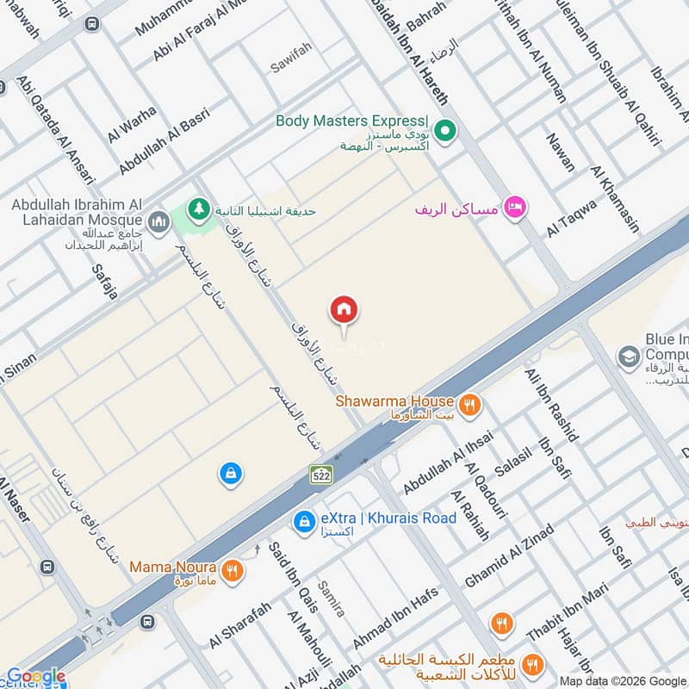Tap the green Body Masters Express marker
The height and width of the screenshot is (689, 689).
coord(444,132)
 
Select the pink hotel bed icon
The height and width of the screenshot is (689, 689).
coord(515,208)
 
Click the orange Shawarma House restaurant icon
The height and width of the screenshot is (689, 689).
coord(469,404)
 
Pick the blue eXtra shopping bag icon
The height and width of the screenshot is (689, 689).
coord(303,522)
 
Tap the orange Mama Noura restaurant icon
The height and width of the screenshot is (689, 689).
coord(231,569)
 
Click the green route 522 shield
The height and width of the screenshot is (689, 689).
coord(321,474)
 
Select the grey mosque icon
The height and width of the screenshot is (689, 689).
coord(158,223)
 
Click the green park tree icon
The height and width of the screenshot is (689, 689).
coord(200,210)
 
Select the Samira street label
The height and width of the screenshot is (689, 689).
coord(332,599)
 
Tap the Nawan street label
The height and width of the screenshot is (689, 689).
coord(560,152)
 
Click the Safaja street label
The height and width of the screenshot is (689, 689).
coord(104,281)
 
